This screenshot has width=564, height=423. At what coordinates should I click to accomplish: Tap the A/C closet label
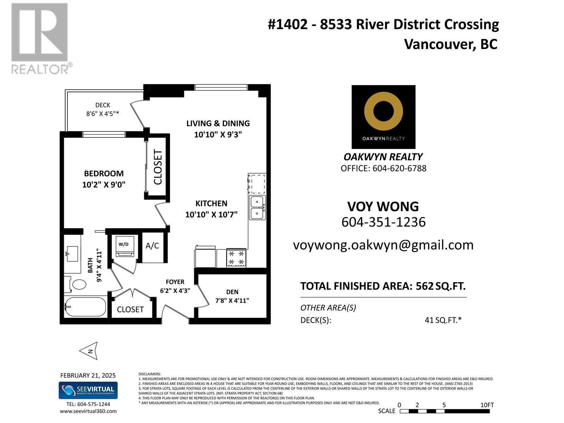coord(152,246)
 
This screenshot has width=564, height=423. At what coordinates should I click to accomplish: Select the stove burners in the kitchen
coord(236,258)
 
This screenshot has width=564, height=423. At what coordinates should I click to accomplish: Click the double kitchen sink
coord(257,208)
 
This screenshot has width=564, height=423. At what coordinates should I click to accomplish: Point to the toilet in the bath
coord(77,284)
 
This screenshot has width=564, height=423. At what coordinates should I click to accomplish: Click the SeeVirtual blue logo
coord(88,390)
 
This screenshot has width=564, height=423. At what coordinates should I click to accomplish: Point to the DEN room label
coord(232,292)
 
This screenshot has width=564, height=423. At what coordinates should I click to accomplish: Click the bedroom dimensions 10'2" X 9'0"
coord(104,185)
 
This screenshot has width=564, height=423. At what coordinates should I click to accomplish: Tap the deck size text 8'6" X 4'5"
coord(102,114)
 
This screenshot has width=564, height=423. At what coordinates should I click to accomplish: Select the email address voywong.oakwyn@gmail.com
coord(383,245)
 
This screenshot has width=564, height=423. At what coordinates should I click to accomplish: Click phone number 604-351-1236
coord(384,222)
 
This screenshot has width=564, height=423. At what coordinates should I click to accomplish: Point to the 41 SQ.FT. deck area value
coord(443,320)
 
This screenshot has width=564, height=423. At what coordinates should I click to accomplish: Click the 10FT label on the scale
coord(487,405)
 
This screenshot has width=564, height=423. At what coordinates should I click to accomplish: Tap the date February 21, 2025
coord(88,375)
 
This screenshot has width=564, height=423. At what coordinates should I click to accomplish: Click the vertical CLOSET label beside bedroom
coord(158,167)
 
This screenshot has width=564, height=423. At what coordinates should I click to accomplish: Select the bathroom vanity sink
coord(73,253)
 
